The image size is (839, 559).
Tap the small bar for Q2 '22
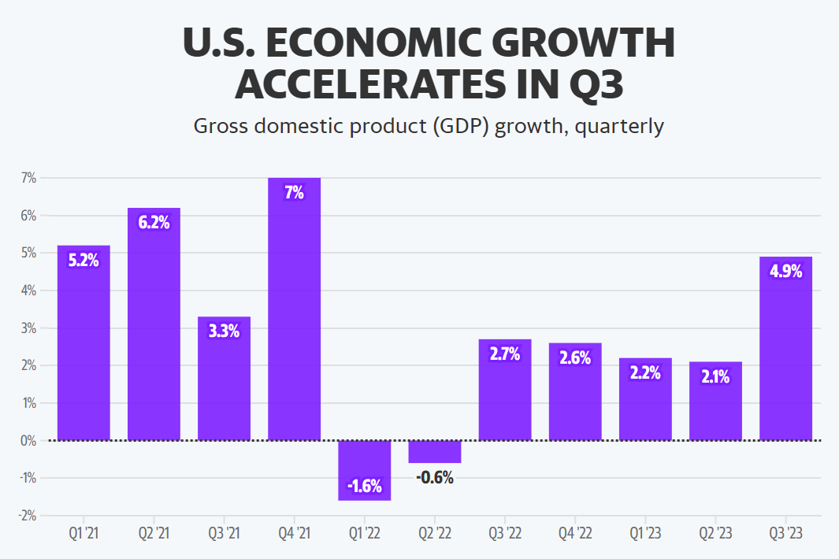(x=435, y=452)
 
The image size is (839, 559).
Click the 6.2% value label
(x=154, y=222)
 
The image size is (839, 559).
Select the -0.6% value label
(x=435, y=477)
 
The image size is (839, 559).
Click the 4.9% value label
(x=785, y=271)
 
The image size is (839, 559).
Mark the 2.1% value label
(x=715, y=376)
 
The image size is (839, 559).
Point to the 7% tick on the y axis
(x=29, y=178)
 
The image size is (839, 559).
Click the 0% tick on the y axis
(x=28, y=441)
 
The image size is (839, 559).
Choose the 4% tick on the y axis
(x=28, y=291)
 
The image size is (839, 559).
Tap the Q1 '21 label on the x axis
(x=84, y=534)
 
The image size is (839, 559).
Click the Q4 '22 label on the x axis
(x=575, y=534)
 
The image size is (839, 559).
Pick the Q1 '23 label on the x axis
(x=645, y=534)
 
